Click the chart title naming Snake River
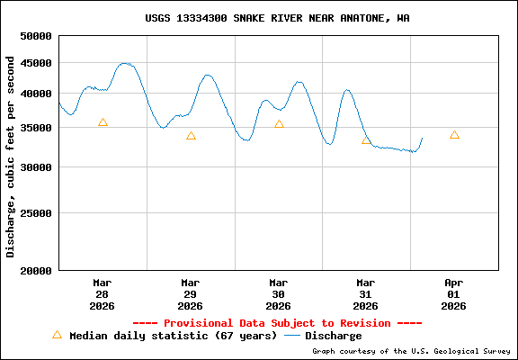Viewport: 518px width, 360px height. (x=277, y=18)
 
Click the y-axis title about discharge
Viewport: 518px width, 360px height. (x=11, y=157)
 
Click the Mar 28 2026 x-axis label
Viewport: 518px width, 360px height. (x=103, y=293)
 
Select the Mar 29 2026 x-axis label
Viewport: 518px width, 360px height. (x=191, y=293)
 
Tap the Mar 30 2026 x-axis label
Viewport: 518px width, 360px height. (x=279, y=293)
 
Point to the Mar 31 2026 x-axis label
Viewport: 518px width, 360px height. (x=366, y=293)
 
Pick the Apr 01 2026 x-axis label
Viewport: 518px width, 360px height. (x=454, y=293)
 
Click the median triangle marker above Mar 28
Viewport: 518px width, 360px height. (x=103, y=122)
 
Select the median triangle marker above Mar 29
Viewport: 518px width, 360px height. (x=191, y=136)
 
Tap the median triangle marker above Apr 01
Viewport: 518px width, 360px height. (x=454, y=135)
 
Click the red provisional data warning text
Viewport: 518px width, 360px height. (x=277, y=323)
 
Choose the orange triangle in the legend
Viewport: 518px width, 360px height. (x=58, y=335)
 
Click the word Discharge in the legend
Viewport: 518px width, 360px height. (x=333, y=336)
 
